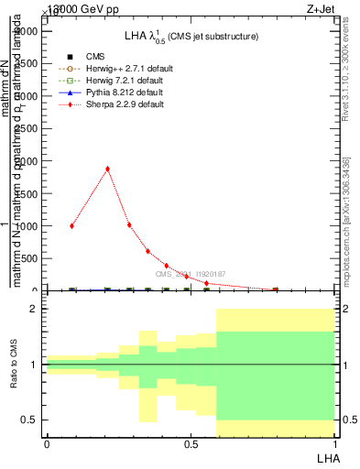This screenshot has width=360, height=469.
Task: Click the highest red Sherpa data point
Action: pyautogui.click(x=108, y=169)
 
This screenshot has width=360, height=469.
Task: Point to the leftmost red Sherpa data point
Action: pyautogui.click(x=71, y=225)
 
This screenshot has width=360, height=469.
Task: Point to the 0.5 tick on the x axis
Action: pyautogui.click(x=191, y=444)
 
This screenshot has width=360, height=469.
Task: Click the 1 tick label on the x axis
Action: pyautogui.click(x=333, y=444)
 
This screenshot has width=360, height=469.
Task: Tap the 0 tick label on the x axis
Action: pyautogui.click(x=47, y=444)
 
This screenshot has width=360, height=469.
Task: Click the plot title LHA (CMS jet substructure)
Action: pyautogui.click(x=191, y=37)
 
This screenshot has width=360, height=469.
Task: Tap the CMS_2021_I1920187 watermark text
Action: pyautogui.click(x=191, y=274)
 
